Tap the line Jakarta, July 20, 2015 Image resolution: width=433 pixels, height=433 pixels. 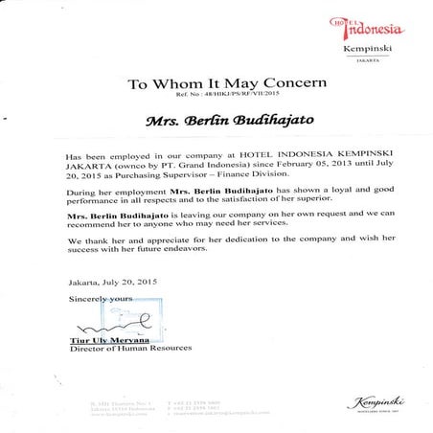tap(112, 283)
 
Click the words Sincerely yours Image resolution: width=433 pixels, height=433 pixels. tap(101, 300)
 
